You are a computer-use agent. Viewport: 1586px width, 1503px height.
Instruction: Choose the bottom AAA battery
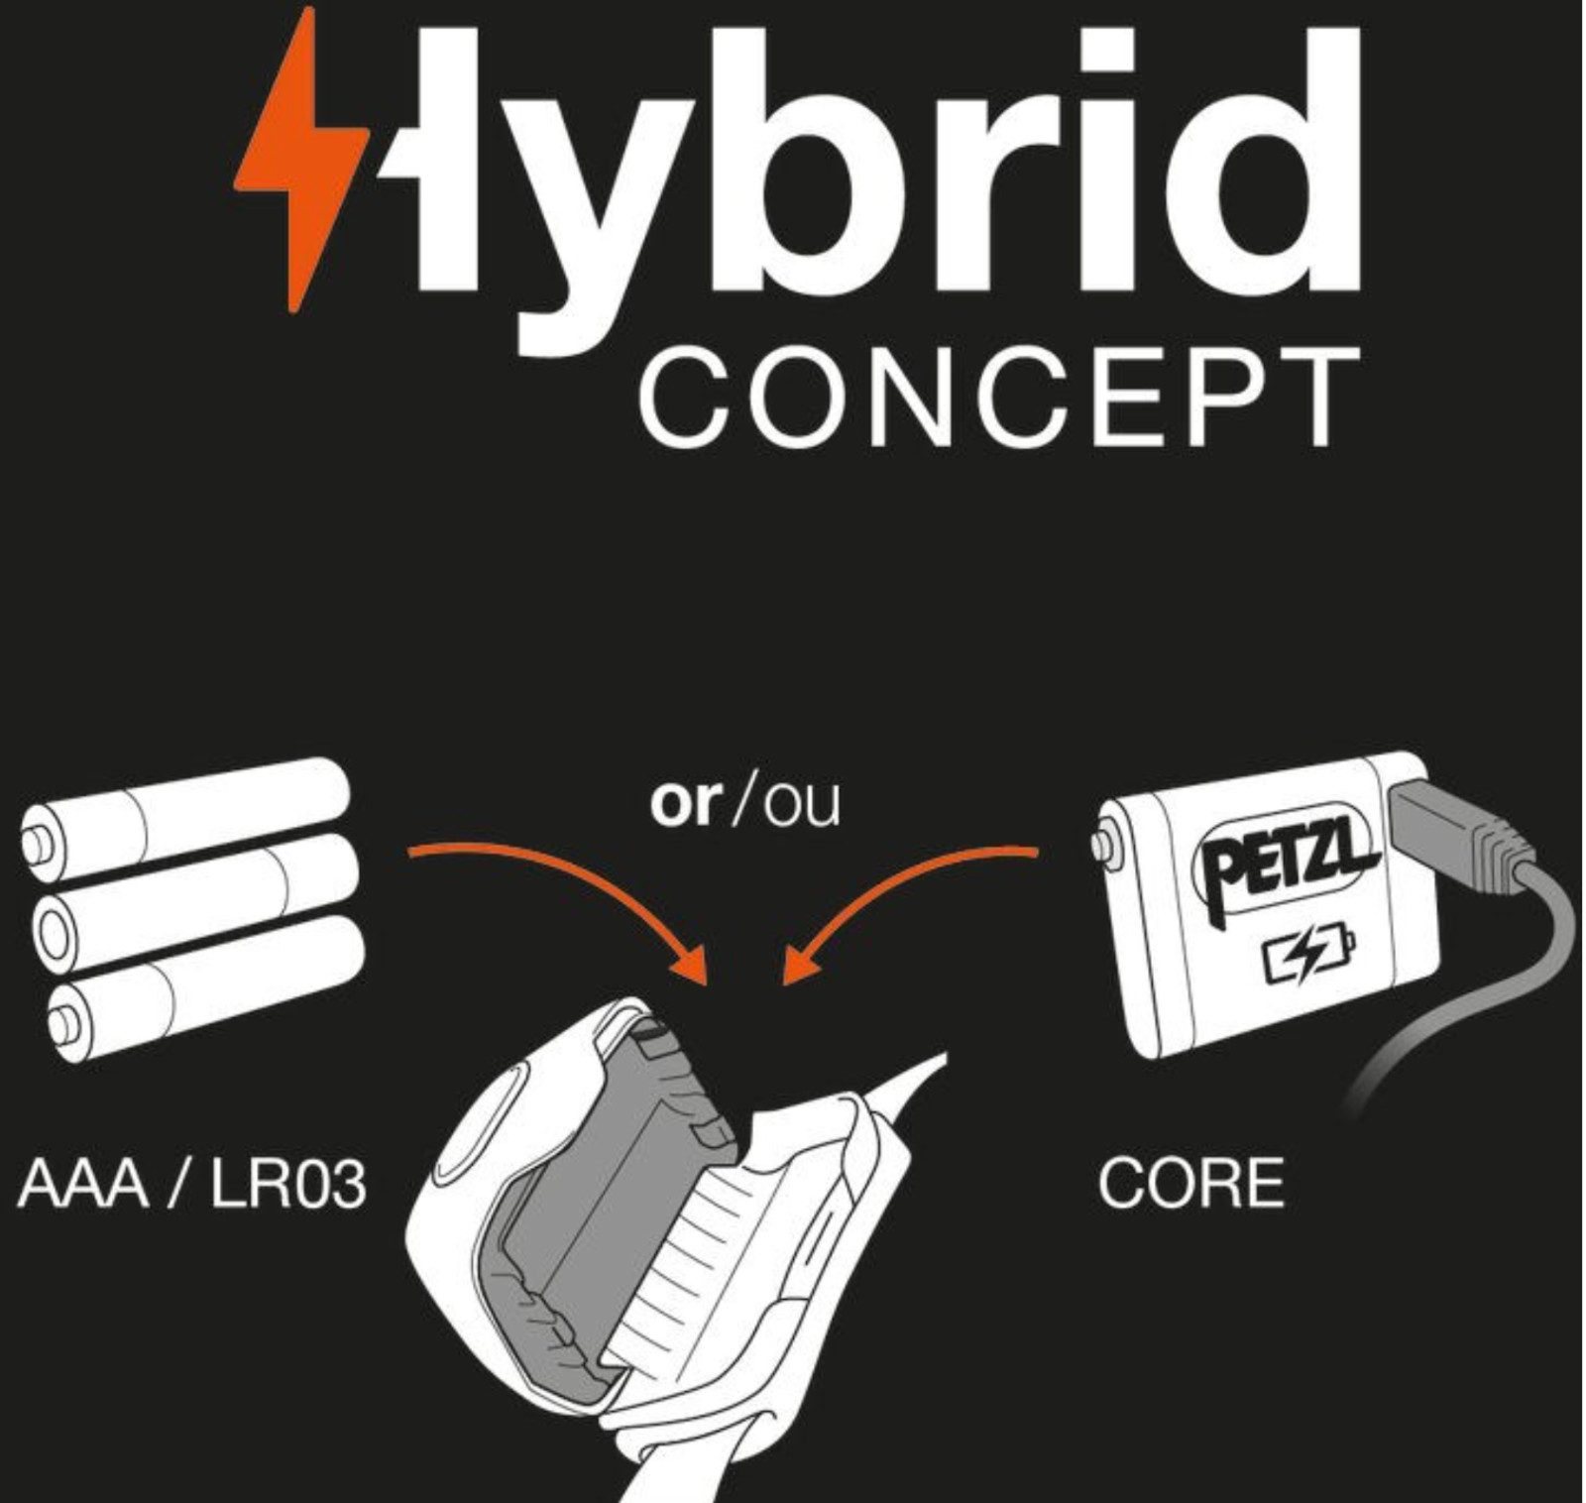pos(208,985)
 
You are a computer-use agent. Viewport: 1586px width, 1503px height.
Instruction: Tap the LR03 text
pos(287,1184)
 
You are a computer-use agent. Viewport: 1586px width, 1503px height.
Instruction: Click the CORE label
pos(1190,1184)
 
